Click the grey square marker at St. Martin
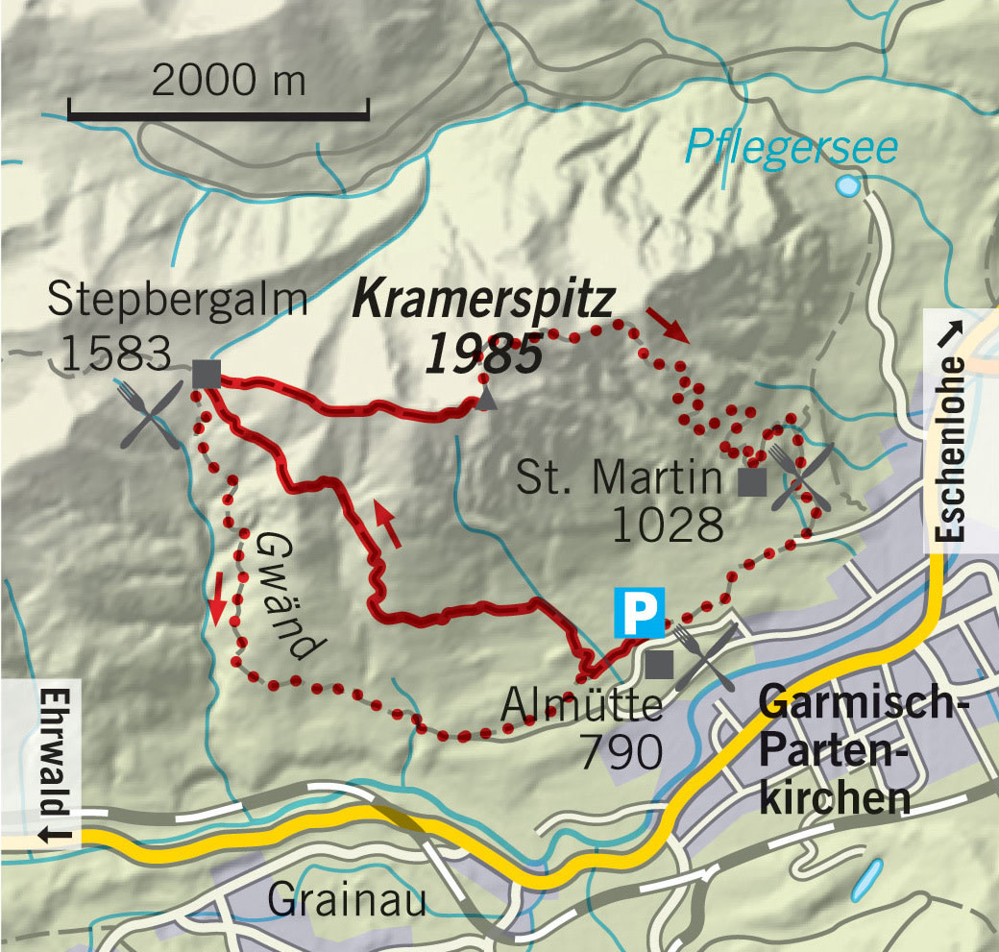(751, 482)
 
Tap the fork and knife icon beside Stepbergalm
(151, 413)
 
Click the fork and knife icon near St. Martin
(801, 475)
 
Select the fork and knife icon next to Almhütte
(706, 656)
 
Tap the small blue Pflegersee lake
(848, 184)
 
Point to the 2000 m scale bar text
(229, 81)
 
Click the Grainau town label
(347, 901)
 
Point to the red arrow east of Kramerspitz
(668, 325)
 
